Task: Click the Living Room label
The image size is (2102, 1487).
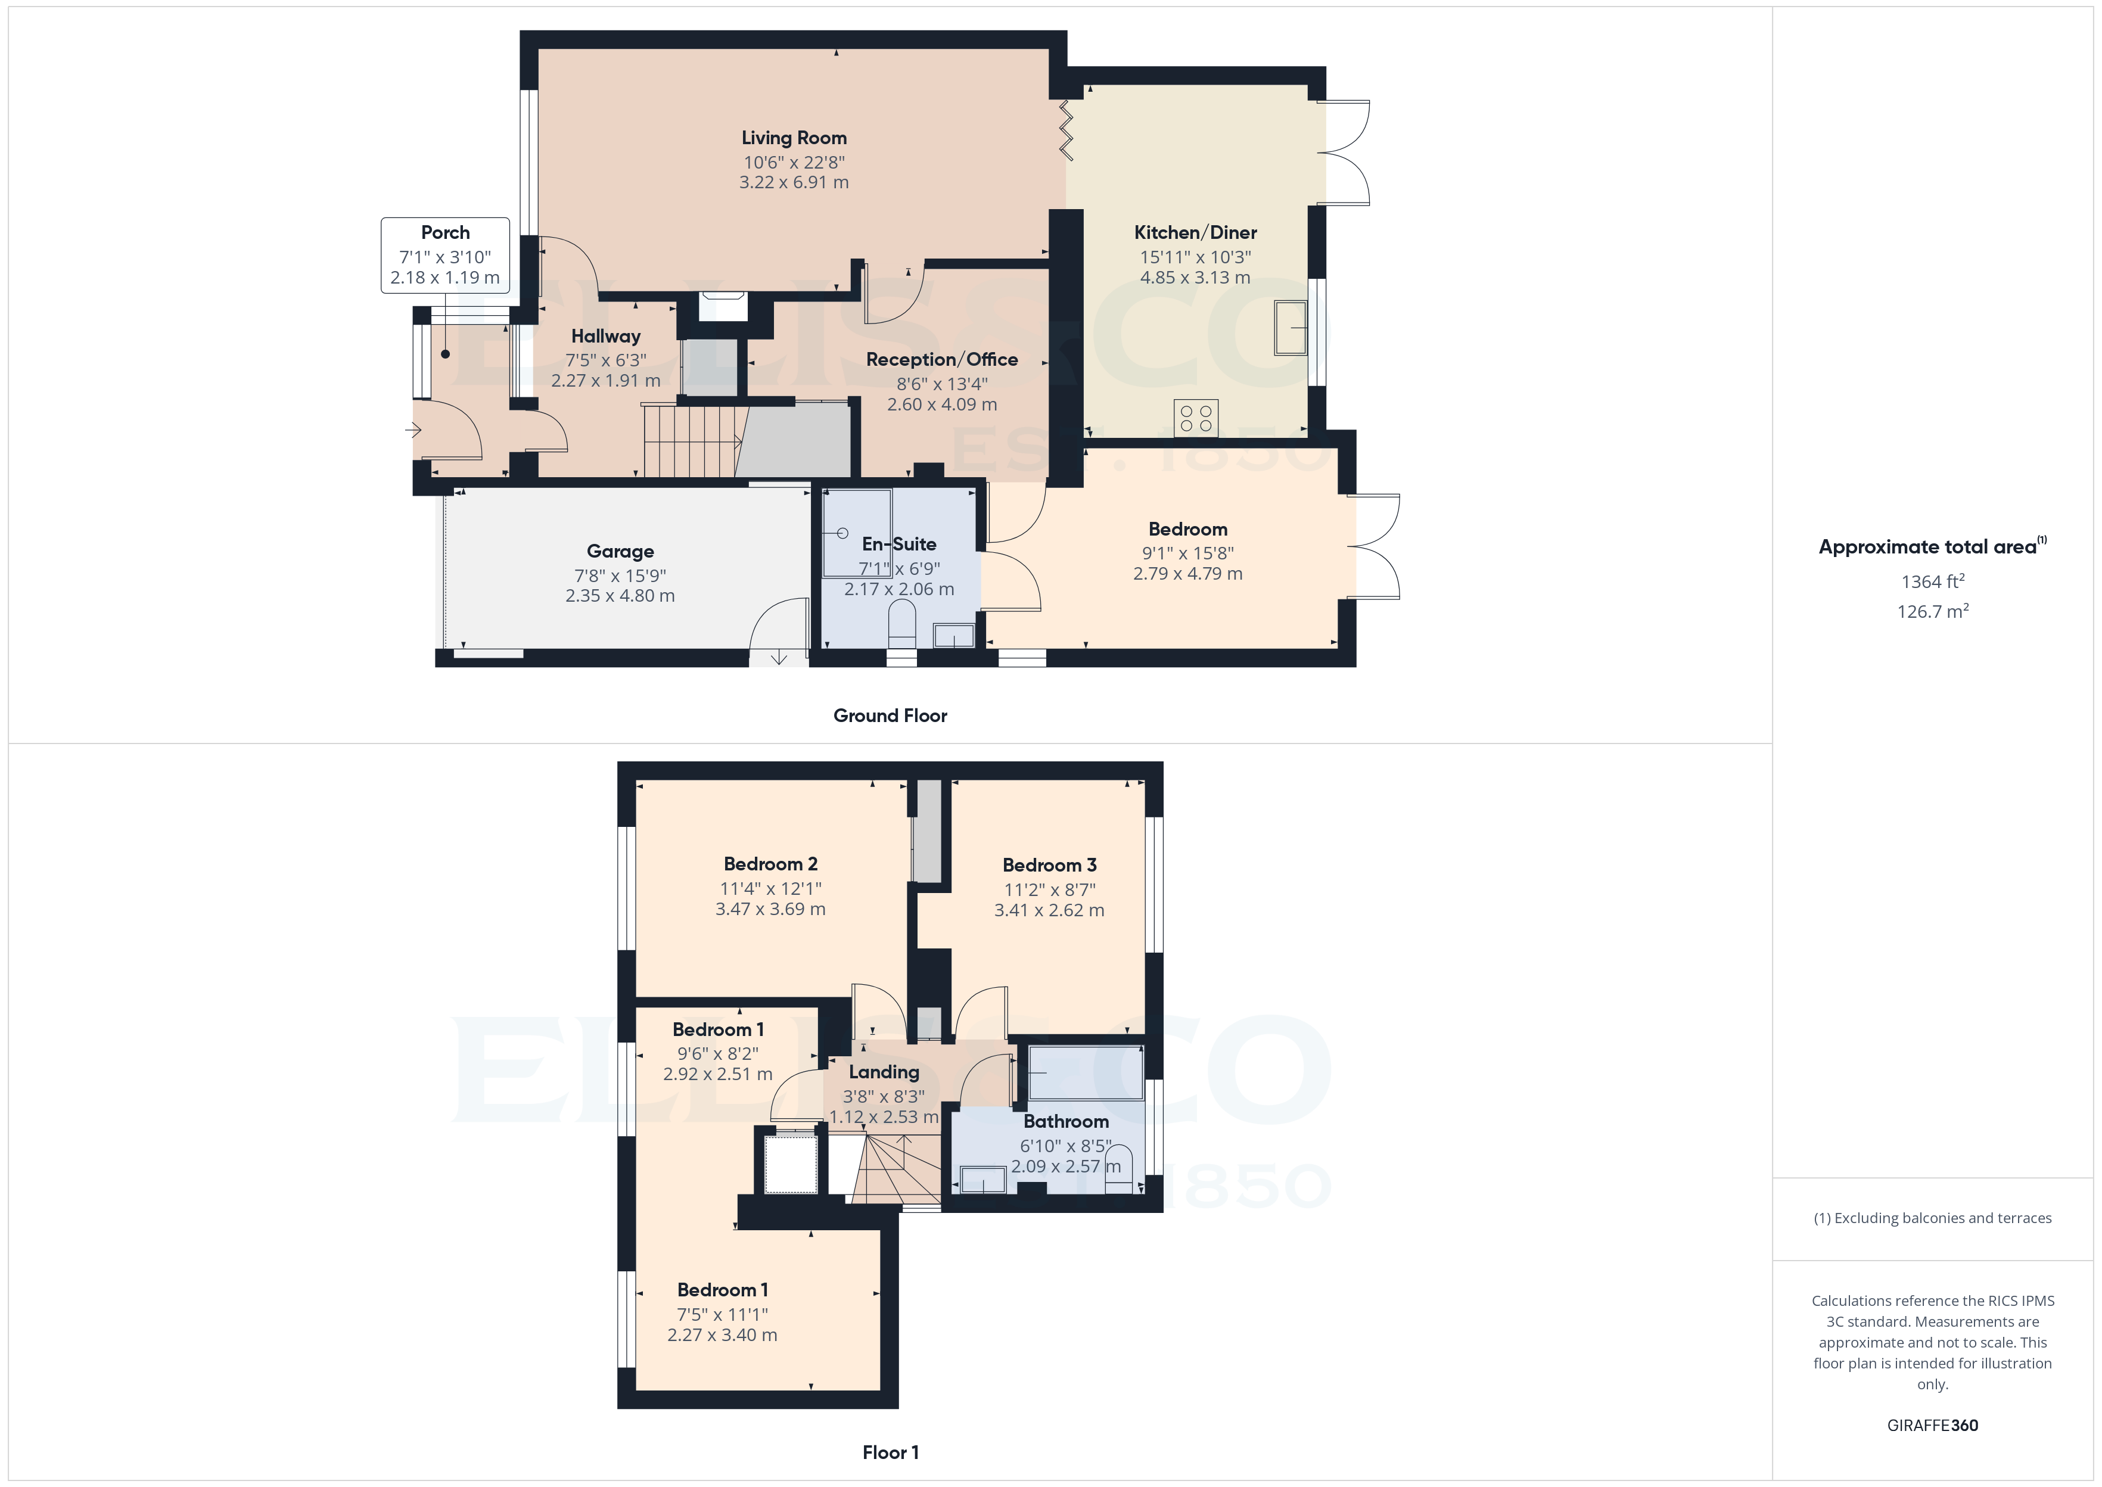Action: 794,138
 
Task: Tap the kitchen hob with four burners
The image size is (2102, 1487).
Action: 1196,418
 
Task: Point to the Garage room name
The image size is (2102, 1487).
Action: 620,551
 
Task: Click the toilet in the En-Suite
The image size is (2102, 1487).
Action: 902,623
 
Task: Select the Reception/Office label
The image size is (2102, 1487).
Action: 941,360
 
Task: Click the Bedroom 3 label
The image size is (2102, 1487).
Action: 1049,865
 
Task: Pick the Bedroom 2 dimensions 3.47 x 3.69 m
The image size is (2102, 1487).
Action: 770,909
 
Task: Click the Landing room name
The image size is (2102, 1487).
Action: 884,1072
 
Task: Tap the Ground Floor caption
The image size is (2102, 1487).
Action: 890,716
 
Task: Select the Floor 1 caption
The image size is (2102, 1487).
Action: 890,1452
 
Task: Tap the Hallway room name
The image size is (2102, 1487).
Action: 605,336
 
